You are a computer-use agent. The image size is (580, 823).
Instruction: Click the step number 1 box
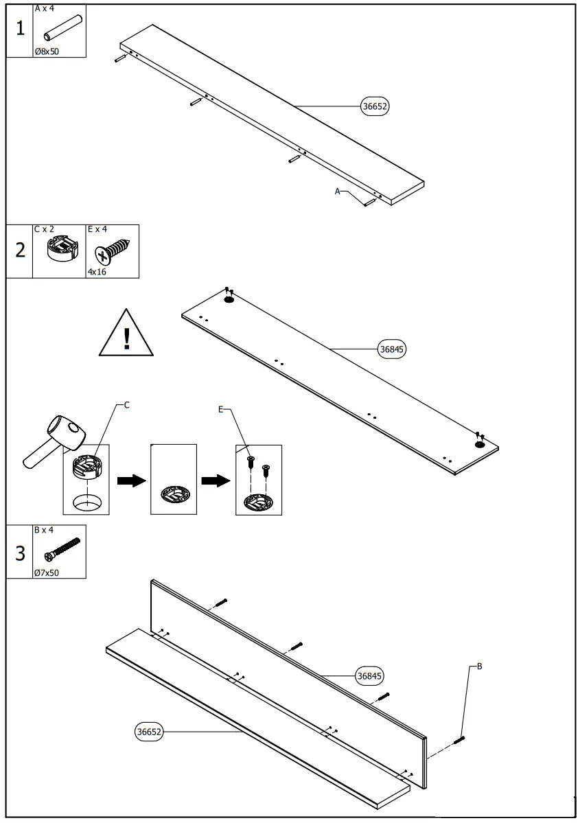(20, 29)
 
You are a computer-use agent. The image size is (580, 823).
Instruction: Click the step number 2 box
(20, 251)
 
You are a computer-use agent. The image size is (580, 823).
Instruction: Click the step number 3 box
(20, 552)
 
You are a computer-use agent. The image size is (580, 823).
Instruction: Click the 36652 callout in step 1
(375, 106)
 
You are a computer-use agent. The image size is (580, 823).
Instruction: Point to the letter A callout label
(337, 192)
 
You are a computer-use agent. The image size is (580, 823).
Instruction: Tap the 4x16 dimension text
(97, 272)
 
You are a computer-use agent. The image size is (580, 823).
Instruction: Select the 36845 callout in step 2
(393, 349)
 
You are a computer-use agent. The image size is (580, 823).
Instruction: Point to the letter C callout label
(127, 405)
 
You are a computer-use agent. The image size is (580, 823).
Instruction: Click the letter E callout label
(220, 409)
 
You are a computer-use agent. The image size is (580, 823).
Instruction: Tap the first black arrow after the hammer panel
(131, 480)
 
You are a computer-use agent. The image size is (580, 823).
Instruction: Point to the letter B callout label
(479, 666)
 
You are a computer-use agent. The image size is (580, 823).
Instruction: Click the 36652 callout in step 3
(149, 732)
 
